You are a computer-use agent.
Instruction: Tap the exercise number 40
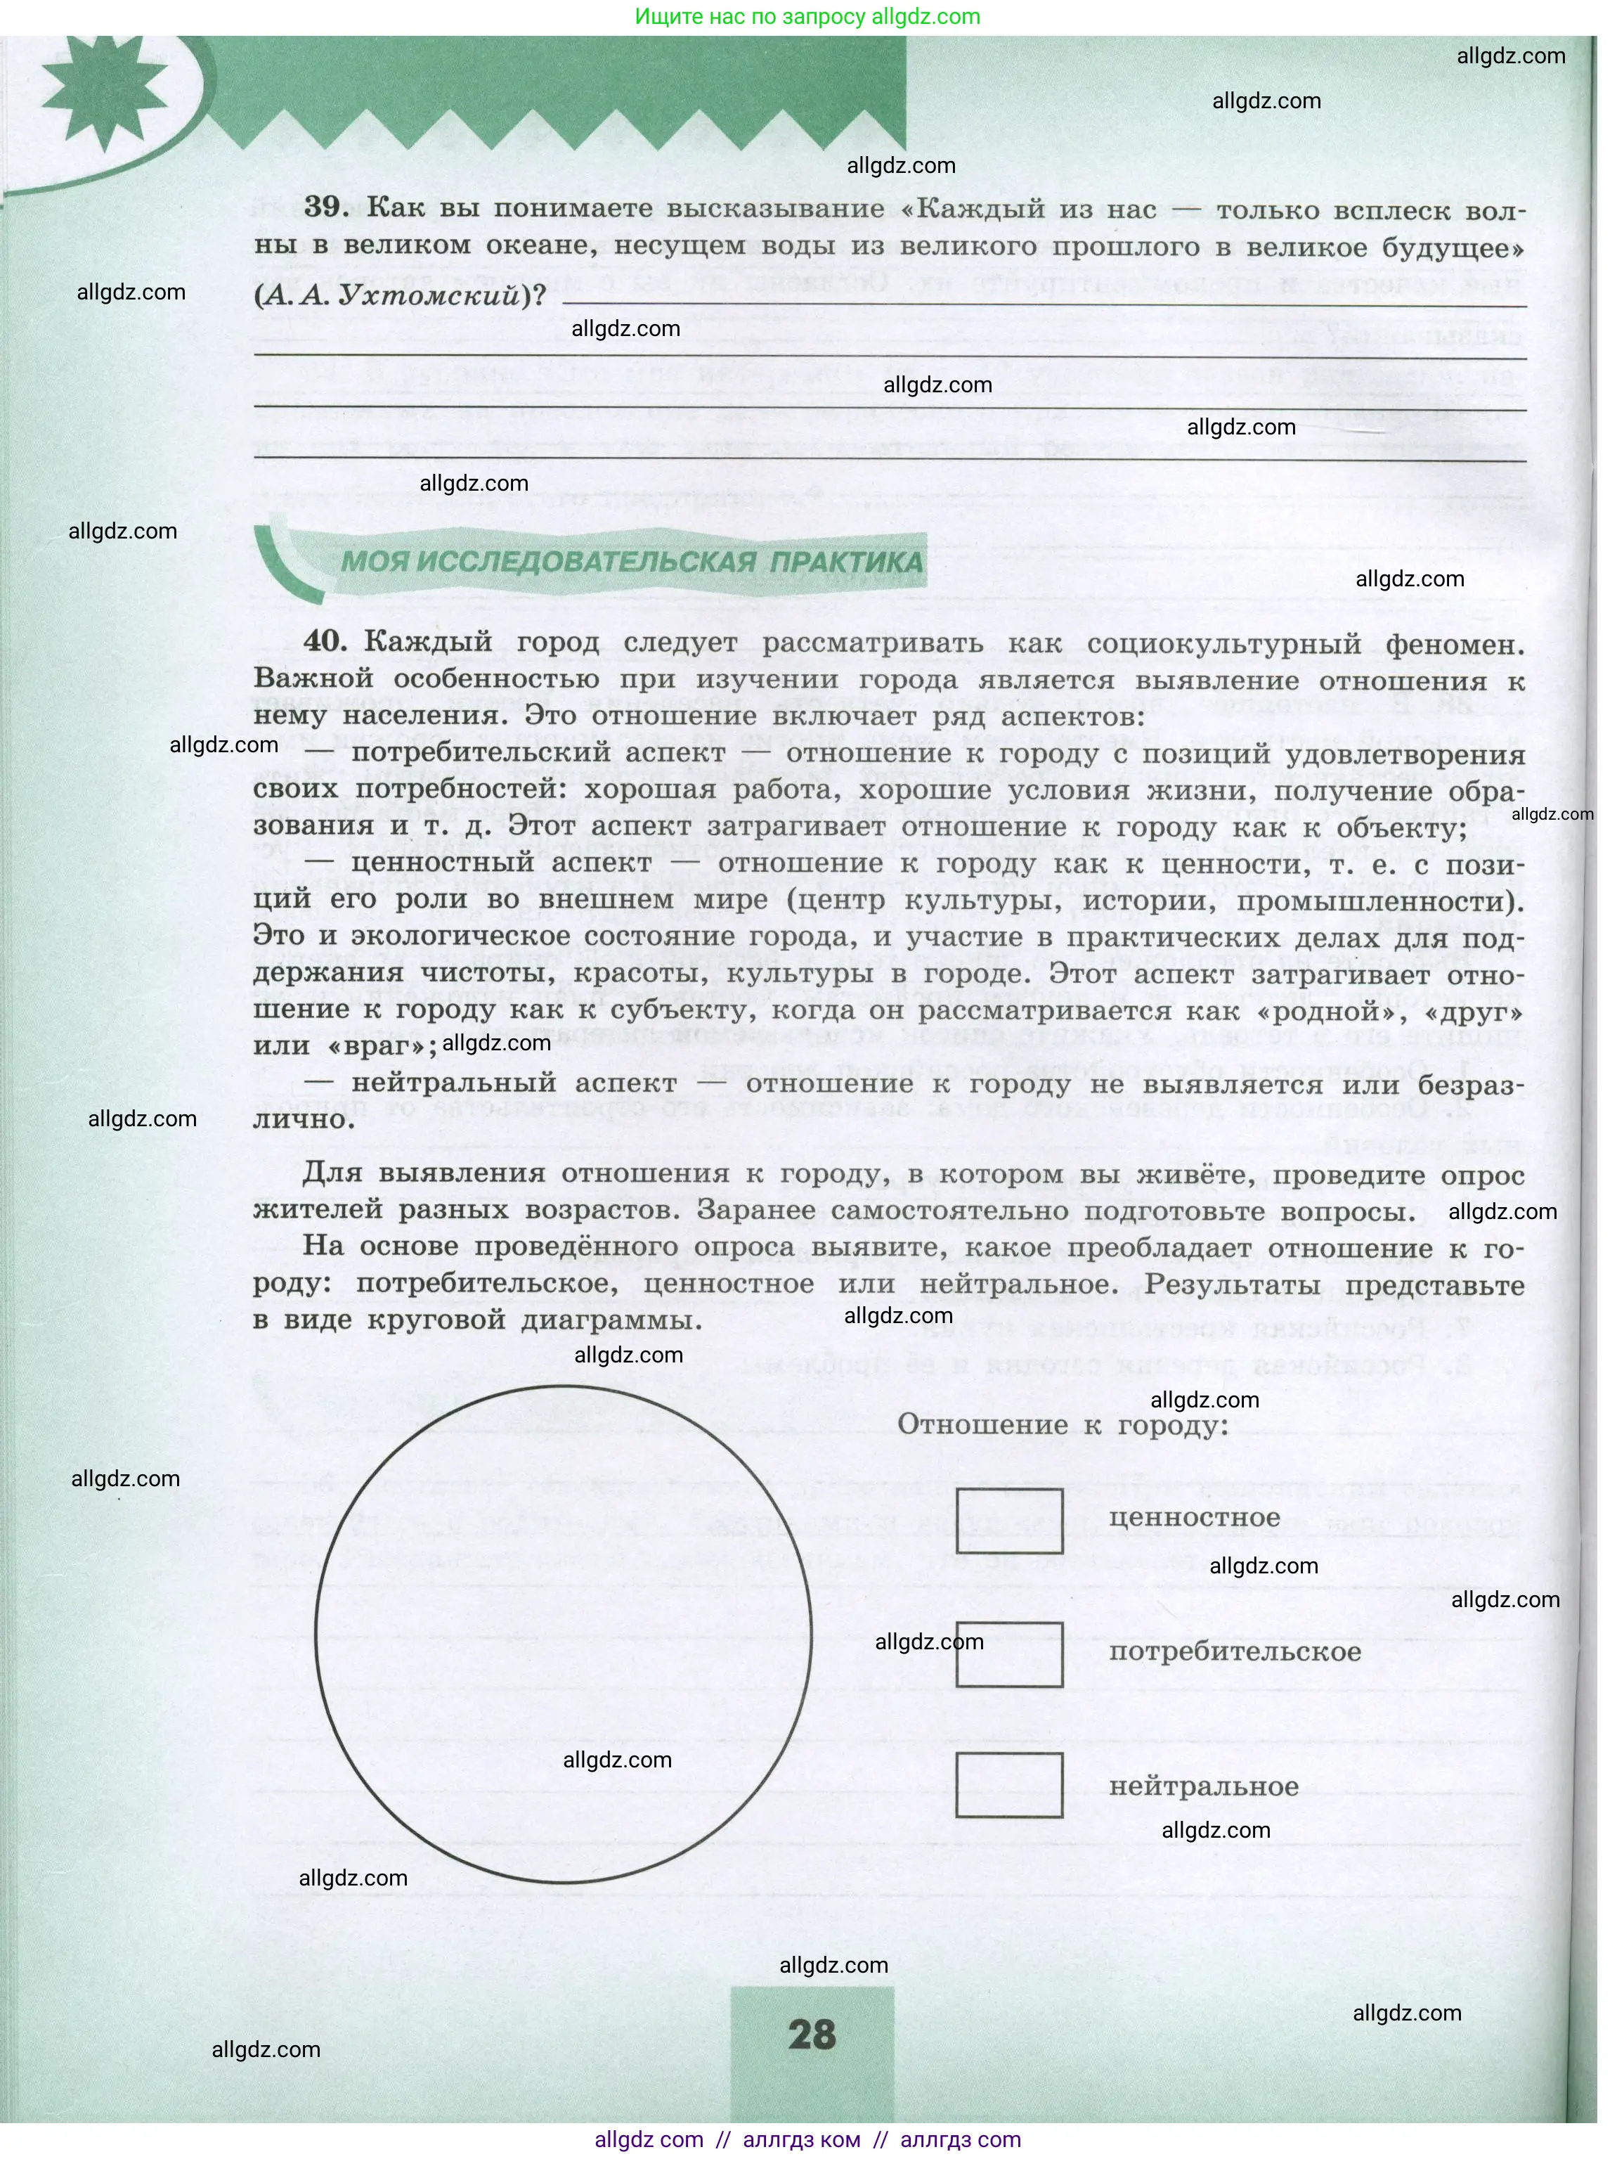pyautogui.click(x=325, y=641)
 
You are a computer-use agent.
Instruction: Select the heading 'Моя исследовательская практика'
pyautogui.click(x=630, y=562)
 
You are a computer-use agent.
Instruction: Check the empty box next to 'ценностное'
pyautogui.click(x=1008, y=1521)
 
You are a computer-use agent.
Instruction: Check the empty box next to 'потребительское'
pyautogui.click(x=1008, y=1654)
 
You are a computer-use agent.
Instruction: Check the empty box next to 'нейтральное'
pyautogui.click(x=1008, y=1785)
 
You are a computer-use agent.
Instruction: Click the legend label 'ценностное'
pyautogui.click(x=1193, y=1518)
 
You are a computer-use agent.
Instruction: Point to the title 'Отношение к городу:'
pyautogui.click(x=1063, y=1425)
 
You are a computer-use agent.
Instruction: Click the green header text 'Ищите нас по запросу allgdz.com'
pyautogui.click(x=807, y=17)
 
